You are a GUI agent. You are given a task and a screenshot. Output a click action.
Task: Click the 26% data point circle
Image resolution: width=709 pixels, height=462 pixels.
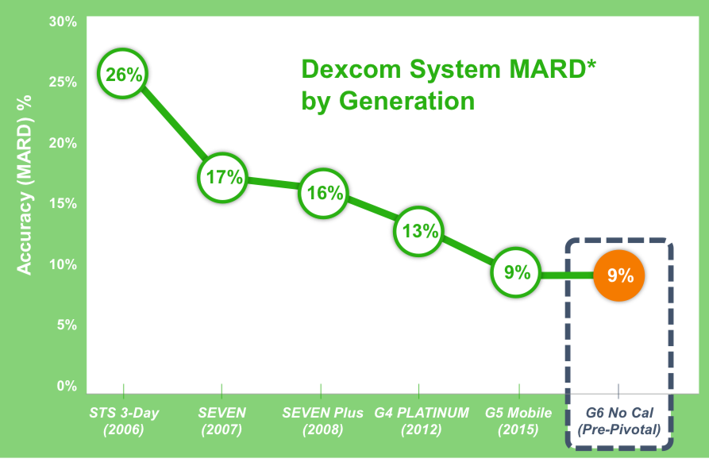tap(123, 73)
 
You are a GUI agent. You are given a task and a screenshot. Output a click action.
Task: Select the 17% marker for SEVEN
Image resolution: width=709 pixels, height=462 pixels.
tap(222, 178)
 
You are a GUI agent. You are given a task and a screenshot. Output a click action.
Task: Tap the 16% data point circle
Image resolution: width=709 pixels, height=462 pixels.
tap(323, 194)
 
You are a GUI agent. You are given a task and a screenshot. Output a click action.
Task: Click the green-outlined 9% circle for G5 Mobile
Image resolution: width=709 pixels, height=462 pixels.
tap(516, 272)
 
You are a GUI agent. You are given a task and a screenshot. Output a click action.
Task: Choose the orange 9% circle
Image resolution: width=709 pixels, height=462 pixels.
tap(619, 275)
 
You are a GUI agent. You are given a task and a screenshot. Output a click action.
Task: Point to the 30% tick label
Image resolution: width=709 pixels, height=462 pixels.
tap(63, 21)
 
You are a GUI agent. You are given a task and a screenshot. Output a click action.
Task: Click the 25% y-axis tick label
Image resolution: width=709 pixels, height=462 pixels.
tap(63, 82)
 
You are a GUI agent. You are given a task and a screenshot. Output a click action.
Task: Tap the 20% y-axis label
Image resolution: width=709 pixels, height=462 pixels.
tap(63, 143)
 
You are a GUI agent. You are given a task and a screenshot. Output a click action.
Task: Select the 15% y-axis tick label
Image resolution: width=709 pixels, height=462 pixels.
tap(63, 203)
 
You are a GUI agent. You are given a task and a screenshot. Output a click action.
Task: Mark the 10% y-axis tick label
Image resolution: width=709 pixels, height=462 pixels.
tap(63, 264)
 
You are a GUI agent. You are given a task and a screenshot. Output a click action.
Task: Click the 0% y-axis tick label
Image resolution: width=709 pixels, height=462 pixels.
tap(67, 386)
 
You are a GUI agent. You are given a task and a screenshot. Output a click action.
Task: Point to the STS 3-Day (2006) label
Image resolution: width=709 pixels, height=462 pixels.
tap(124, 421)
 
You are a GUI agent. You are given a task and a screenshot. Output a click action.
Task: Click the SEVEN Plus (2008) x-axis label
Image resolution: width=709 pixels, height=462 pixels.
tap(323, 421)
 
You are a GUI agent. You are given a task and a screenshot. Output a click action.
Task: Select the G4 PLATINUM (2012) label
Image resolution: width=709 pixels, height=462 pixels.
tap(422, 421)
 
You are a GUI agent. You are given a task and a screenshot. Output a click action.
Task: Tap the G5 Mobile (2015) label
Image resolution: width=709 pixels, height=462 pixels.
tap(518, 421)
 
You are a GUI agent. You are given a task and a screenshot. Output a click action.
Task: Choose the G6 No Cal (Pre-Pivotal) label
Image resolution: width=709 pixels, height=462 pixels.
tap(619, 421)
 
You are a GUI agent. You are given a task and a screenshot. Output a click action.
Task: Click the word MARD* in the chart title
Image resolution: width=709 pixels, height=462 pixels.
tap(553, 69)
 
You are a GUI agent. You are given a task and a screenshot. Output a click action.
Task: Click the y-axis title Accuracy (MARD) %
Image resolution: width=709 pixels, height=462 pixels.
tap(24, 185)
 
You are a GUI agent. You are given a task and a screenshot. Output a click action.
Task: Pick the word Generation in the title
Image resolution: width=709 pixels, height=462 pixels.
tap(407, 100)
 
